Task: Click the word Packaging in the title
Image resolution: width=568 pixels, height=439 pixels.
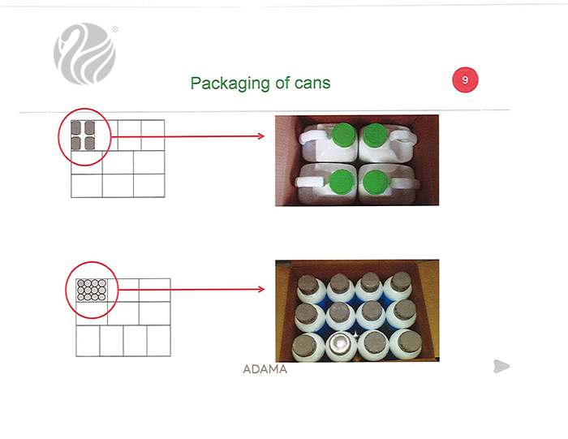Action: [x=230, y=84]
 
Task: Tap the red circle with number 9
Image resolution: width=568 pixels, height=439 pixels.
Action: [x=465, y=80]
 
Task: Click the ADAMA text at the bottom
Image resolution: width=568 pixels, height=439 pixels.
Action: [x=265, y=369]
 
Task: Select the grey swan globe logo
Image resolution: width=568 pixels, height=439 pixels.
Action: [x=84, y=54]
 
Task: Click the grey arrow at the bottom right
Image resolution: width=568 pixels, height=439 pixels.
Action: [x=501, y=366]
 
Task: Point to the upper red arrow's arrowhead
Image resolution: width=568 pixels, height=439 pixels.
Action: [x=261, y=136]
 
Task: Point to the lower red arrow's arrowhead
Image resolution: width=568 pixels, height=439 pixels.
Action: [x=261, y=289]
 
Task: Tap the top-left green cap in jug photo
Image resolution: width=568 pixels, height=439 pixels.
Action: [x=344, y=135]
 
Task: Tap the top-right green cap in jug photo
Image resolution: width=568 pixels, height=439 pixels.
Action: [x=375, y=135]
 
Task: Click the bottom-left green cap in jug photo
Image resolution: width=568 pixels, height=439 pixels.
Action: [x=342, y=182]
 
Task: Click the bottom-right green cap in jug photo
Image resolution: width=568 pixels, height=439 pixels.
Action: [x=376, y=183]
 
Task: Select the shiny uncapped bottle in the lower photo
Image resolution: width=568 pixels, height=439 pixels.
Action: [x=341, y=345]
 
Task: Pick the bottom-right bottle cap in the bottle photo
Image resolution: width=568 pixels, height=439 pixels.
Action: [x=410, y=342]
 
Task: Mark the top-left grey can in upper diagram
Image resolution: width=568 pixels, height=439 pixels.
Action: [x=75, y=127]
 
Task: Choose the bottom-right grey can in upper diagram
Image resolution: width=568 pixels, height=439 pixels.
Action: [x=89, y=144]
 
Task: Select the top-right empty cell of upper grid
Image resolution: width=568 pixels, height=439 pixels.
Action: [x=153, y=135]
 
